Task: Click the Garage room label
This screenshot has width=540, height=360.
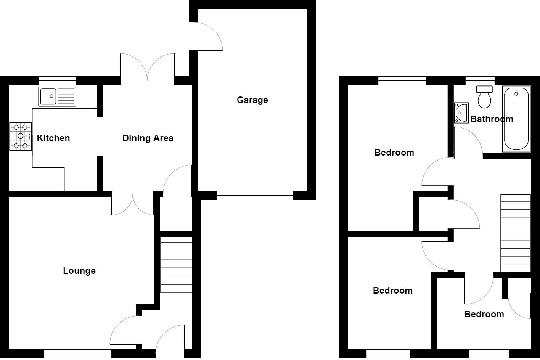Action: [x=252, y=100]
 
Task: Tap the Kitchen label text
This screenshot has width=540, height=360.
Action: [x=53, y=138]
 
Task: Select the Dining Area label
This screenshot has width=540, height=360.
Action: [x=148, y=138]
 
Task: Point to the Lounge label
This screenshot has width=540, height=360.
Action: [x=79, y=271]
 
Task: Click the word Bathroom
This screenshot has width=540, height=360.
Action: [x=492, y=119]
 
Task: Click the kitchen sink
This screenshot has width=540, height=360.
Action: [x=57, y=96]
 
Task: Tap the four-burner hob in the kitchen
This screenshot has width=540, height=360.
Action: [x=21, y=136]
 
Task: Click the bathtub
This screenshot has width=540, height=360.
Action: [x=516, y=119]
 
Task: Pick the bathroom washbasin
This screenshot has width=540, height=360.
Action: [x=461, y=112]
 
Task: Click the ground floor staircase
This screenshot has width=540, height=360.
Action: [x=176, y=265]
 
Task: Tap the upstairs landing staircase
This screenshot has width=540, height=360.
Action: [x=515, y=233]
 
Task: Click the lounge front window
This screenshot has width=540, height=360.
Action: [x=77, y=354]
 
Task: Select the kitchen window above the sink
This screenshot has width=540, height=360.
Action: [x=57, y=80]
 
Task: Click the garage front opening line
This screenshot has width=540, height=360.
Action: [x=255, y=196]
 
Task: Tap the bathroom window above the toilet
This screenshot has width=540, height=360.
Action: [x=480, y=80]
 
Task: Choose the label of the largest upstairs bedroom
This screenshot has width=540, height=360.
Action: [x=394, y=153]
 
